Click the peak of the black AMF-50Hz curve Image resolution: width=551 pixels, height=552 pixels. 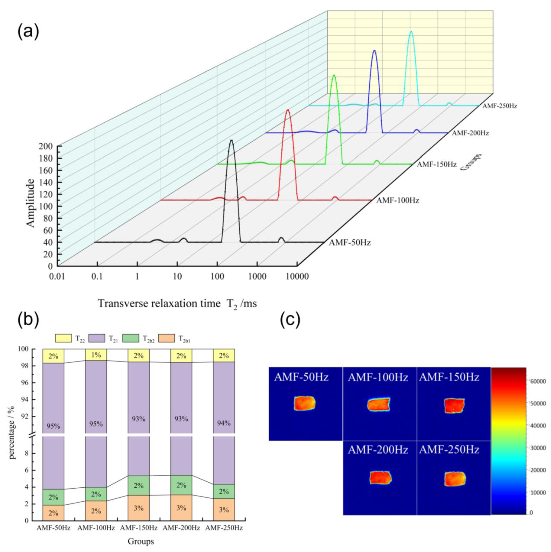[231, 141]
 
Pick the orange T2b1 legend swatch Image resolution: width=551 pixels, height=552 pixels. [167, 338]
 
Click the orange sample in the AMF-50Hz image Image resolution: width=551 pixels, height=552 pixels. [304, 403]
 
